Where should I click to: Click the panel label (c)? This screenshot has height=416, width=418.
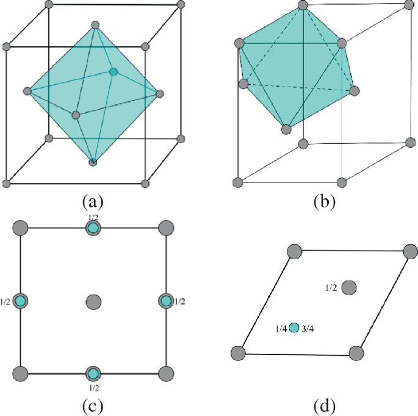[x=93, y=404]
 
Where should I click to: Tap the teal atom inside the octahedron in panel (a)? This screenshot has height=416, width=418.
[x=113, y=72]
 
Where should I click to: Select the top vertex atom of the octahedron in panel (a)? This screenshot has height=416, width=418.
[x=95, y=25]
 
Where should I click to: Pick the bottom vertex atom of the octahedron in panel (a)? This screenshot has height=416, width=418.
[x=93, y=162]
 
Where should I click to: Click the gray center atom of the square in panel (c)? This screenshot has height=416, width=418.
[x=93, y=301]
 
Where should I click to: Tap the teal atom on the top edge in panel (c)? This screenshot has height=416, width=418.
[x=93, y=228]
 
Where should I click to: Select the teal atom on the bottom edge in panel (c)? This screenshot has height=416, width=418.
[x=93, y=374]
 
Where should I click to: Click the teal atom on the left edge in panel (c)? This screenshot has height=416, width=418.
[x=21, y=301]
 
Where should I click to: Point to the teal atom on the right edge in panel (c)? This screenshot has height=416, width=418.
[x=165, y=301]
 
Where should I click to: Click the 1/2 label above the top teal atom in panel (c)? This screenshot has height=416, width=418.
[x=93, y=216]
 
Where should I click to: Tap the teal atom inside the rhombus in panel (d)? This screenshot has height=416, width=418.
[x=294, y=328]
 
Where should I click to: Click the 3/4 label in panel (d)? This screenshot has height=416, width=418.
[x=307, y=329]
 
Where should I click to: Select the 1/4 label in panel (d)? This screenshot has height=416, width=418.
[x=281, y=329]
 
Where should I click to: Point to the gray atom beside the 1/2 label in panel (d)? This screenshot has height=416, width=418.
[x=349, y=287]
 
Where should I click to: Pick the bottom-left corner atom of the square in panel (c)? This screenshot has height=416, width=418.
[x=21, y=374]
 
